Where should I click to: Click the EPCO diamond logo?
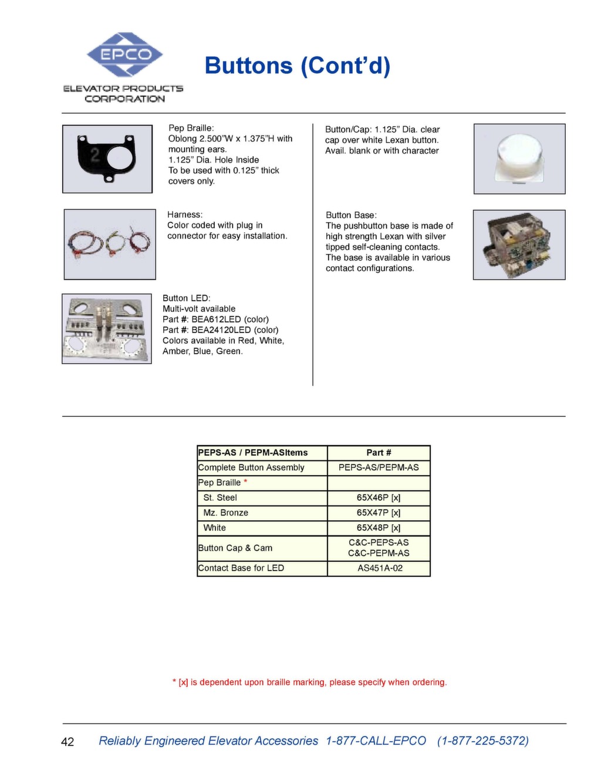tap(124, 55)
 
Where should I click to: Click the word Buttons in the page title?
tap(248, 66)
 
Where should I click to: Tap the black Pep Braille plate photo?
tap(107, 158)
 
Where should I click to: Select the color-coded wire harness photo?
tap(110, 244)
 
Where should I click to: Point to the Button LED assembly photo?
tap(107, 328)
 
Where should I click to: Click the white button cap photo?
tap(519, 158)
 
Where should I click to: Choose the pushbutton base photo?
tap(519, 245)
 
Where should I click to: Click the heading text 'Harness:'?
tap(185, 215)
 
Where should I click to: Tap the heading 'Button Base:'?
tap(351, 215)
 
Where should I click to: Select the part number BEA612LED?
tap(216, 320)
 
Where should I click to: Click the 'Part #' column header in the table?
tap(379, 453)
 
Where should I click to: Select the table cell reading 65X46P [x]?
tap(379, 498)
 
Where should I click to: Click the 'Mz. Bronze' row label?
tap(225, 513)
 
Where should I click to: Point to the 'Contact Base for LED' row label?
tap(241, 568)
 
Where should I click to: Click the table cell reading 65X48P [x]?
tap(379, 528)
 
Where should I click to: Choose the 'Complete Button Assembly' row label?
tap(251, 467)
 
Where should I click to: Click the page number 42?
tap(67, 742)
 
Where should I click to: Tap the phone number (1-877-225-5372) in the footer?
tap(482, 741)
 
